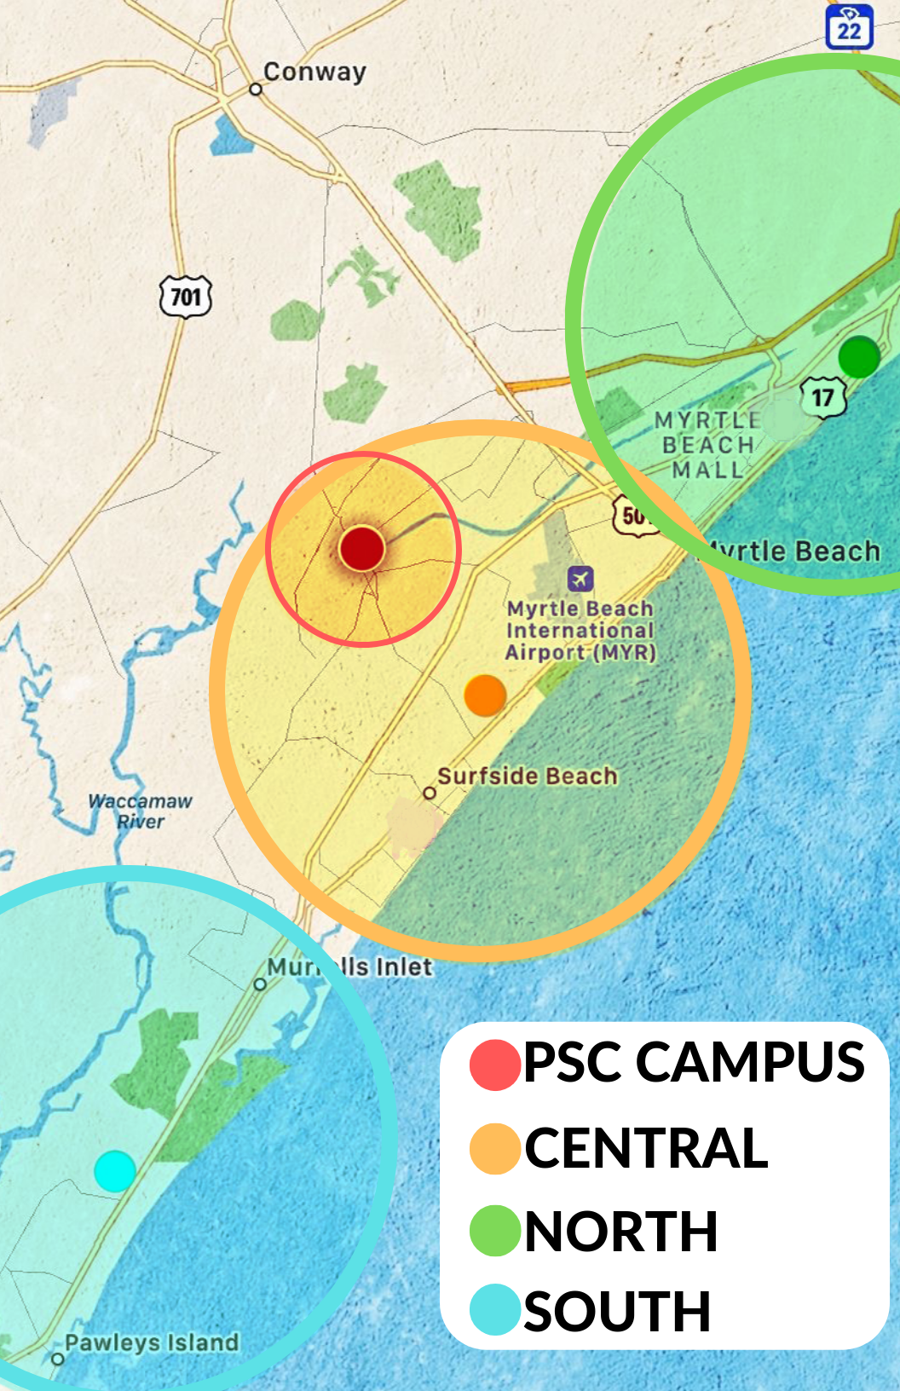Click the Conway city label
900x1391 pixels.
pos(314,72)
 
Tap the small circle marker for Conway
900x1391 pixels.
pos(255,89)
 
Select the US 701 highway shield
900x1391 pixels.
pos(186,297)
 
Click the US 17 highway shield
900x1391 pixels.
pos(822,398)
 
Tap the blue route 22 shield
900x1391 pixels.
pos(849,27)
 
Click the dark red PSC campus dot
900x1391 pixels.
pos(362,548)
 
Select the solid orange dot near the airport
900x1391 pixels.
pos(485,695)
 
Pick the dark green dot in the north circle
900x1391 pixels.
pos(858,356)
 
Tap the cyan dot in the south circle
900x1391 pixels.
pos(115,1170)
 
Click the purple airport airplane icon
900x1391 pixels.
pos(580,579)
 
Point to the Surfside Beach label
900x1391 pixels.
pos(527,776)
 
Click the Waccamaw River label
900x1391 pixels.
pos(141,811)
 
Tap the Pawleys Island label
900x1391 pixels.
pos(152,1342)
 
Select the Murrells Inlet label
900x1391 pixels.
pos(349,967)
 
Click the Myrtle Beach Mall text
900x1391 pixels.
pos(706,445)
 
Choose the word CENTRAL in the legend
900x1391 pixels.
pos(646,1148)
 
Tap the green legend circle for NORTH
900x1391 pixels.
pos(495,1231)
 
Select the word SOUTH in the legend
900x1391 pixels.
pos(617,1311)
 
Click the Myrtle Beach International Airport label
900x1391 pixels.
pos(580,631)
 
